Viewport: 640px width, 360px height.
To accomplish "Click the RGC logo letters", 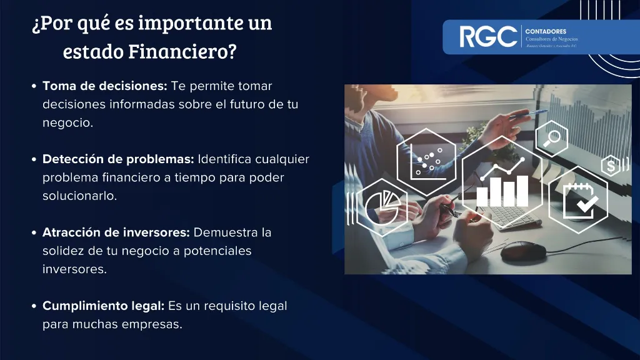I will pos(488,37).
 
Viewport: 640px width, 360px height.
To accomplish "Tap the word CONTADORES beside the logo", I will pos(546,31).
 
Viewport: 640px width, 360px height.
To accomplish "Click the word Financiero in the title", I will pos(182,51).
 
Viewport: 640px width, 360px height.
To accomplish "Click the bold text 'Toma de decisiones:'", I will pos(104,86).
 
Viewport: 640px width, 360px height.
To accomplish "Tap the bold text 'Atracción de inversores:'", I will pos(116,232).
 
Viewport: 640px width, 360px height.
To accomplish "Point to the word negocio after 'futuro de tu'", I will pos(67,122).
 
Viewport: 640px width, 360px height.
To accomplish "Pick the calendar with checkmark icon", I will pos(578,199).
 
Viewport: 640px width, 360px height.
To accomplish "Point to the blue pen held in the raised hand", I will pos(528,114).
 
